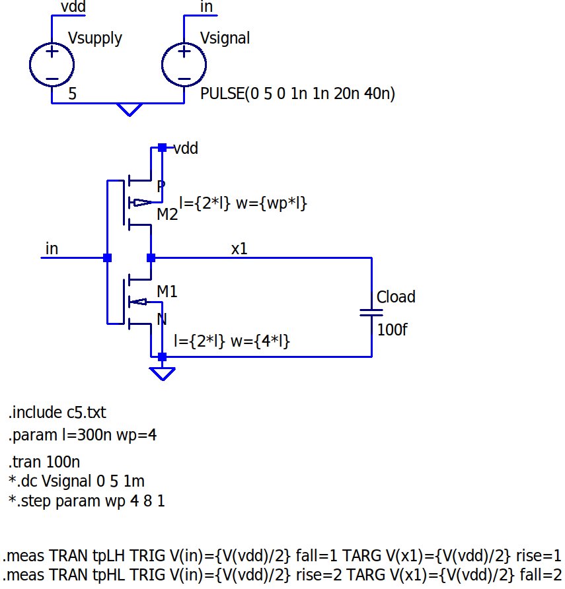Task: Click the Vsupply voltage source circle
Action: (x=51, y=64)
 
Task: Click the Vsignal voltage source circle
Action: (x=183, y=64)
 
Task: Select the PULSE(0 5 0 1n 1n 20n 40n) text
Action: (x=297, y=94)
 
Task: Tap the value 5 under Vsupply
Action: (x=72, y=94)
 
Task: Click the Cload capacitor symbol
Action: (x=372, y=312)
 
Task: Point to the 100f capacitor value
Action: (x=392, y=329)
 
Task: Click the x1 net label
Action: (x=239, y=249)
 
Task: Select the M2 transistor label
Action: (x=167, y=215)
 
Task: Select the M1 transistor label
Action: (x=167, y=291)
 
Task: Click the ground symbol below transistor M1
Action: (x=162, y=373)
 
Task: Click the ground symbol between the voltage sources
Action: (x=129, y=109)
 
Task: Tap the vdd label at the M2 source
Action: (x=186, y=149)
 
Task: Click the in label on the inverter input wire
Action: (x=52, y=248)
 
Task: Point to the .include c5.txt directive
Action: (x=57, y=413)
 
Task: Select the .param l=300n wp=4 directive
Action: (x=82, y=435)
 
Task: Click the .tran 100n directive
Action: (x=44, y=462)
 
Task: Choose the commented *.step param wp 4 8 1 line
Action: (x=87, y=501)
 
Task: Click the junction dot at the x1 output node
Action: (x=151, y=258)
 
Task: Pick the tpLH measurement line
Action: (x=282, y=555)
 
